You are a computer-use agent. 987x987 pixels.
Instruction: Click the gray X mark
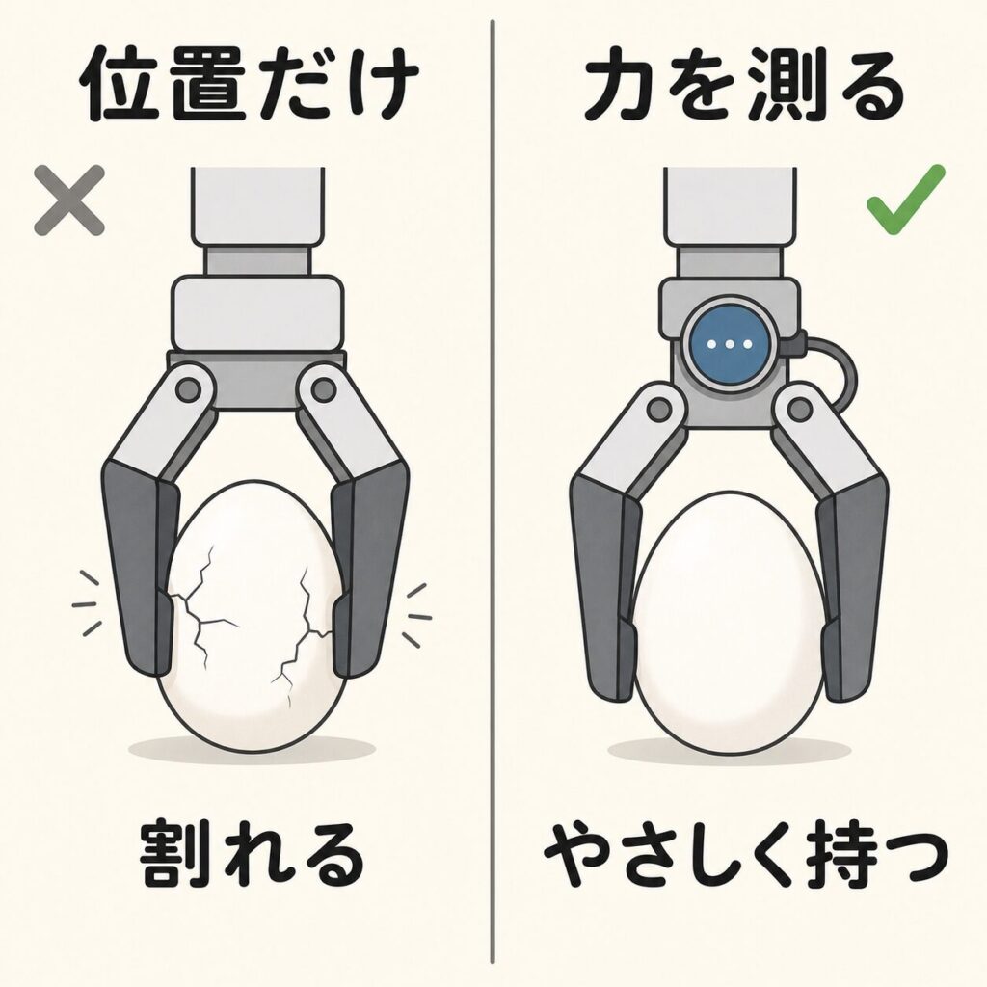69,200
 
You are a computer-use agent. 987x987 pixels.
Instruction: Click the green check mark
905,200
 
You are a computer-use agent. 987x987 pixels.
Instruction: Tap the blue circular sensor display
731,344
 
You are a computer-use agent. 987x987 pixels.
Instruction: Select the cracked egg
252,616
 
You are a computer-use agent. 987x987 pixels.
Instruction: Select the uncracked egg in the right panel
729,622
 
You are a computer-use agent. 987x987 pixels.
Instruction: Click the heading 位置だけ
250,86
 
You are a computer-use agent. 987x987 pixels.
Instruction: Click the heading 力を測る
743,86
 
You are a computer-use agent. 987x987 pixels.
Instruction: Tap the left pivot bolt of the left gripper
188,389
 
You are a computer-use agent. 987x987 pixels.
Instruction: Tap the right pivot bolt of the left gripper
322,389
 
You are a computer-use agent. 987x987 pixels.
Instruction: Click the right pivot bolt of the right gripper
801,410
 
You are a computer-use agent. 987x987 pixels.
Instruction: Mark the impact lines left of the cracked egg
87,604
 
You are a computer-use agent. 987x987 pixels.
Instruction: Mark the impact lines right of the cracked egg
415,614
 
